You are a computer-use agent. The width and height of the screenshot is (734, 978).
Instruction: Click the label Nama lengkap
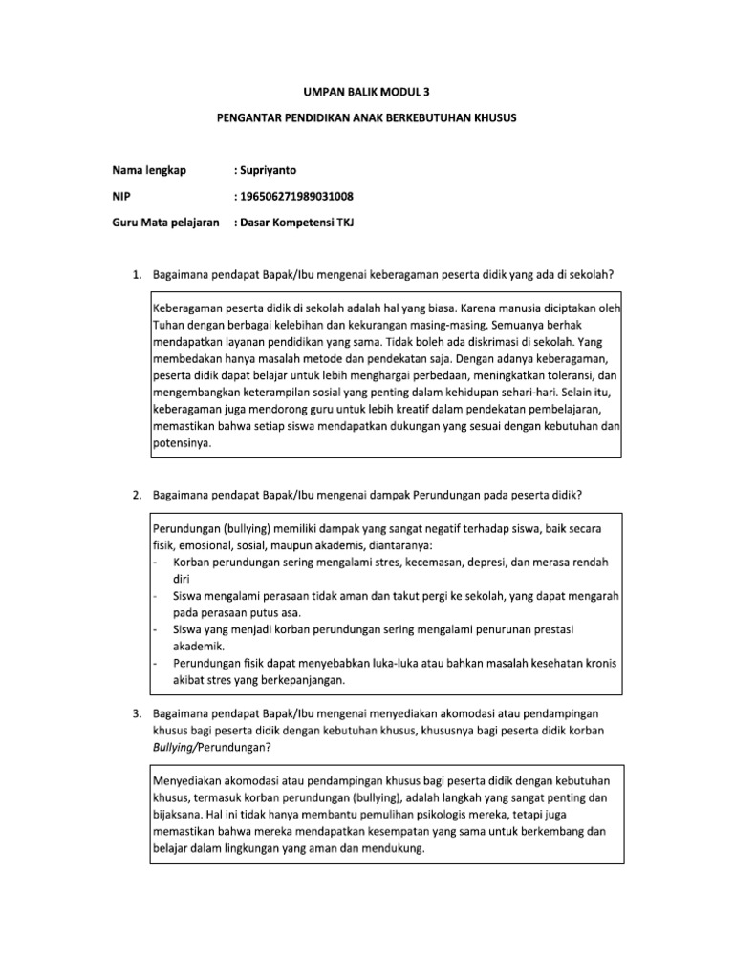pos(148,170)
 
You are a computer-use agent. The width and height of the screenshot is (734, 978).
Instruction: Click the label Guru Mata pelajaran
pos(166,223)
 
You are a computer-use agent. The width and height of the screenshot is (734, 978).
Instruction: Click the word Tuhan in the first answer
pos(169,325)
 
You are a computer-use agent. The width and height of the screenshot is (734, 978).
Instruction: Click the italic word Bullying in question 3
pos(176,747)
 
